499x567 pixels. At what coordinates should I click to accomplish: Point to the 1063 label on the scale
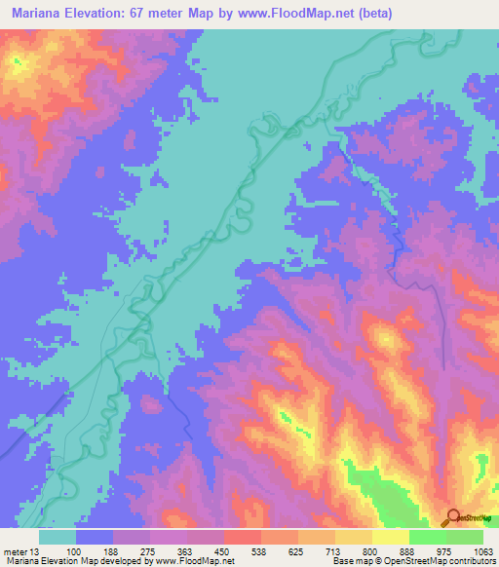481,551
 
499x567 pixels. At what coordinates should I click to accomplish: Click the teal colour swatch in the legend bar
58,537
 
